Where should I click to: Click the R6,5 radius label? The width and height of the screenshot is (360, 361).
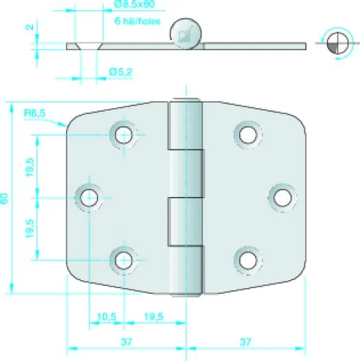(35, 113)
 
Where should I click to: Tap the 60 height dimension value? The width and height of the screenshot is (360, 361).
(4, 199)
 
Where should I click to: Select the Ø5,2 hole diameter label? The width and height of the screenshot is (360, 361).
(121, 72)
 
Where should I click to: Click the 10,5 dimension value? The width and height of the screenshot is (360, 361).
(106, 316)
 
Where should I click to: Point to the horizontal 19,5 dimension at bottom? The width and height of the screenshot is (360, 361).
(153, 316)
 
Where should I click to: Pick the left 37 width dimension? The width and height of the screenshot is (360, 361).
(127, 342)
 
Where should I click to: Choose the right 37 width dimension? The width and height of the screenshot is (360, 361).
(246, 342)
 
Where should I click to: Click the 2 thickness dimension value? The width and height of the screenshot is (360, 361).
(30, 27)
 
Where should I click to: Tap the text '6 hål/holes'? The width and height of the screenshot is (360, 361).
(137, 21)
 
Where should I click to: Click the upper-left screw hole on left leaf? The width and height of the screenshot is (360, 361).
(124, 135)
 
